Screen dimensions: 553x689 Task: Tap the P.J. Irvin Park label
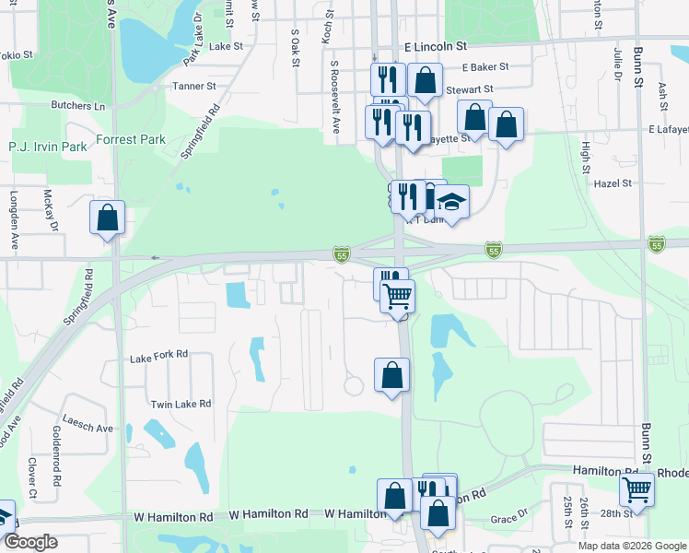(x=48, y=147)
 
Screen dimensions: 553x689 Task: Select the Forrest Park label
(x=132, y=140)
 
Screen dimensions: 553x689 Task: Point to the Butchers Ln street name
(x=78, y=106)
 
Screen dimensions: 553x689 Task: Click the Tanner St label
(x=193, y=87)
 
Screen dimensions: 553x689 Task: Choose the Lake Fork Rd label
(x=158, y=354)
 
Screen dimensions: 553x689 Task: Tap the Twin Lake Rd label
(x=181, y=404)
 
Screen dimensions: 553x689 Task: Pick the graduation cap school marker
(x=451, y=200)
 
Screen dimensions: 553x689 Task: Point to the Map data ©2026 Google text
(x=631, y=546)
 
